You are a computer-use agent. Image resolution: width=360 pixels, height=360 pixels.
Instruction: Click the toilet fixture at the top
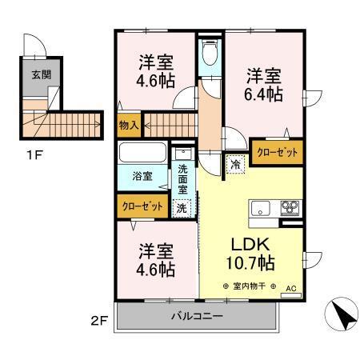click(210, 54)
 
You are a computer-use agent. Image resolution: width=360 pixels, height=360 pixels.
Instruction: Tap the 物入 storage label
click(129, 125)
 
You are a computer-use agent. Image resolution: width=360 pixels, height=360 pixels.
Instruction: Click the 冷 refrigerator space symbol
click(235, 162)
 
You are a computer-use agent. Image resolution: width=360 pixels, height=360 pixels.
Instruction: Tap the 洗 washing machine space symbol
click(182, 206)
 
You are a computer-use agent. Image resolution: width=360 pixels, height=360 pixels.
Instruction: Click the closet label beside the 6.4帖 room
click(278, 151)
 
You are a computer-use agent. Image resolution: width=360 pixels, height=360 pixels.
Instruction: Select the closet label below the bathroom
click(143, 206)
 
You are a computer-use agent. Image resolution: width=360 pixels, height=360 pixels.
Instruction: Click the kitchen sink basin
click(262, 210)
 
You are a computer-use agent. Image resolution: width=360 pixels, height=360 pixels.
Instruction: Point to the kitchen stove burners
click(288, 210)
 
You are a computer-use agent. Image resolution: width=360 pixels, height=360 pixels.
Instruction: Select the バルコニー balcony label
click(197, 316)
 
